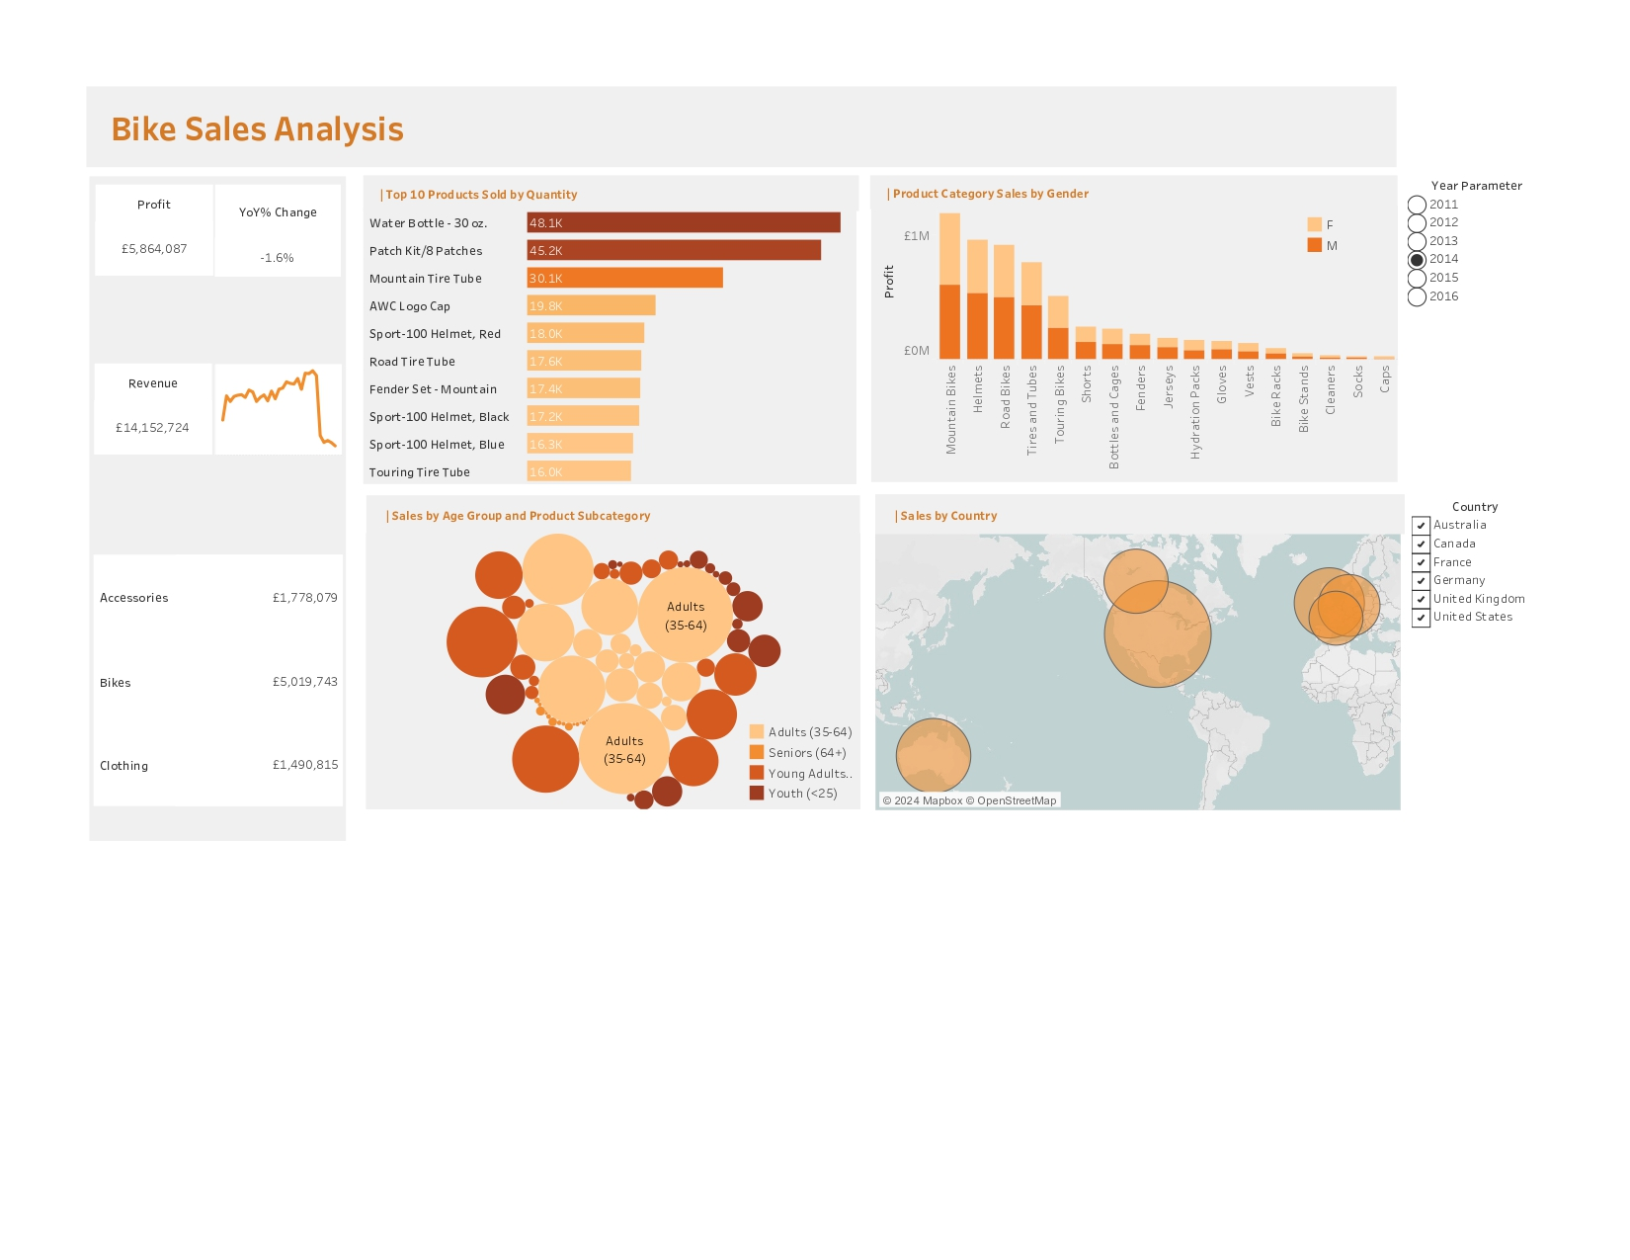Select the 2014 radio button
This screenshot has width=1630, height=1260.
[x=1417, y=260]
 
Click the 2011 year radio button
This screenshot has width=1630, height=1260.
[x=1417, y=205]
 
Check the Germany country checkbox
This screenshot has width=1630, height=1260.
[x=1421, y=581]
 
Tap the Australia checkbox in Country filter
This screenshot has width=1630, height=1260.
[x=1421, y=526]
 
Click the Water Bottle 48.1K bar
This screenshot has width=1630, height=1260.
[x=684, y=223]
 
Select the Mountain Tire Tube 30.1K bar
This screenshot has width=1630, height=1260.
[x=624, y=279]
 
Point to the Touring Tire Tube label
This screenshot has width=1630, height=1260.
[x=420, y=472]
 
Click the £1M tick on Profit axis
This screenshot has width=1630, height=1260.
[x=916, y=236]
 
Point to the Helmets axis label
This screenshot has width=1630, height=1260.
[x=978, y=389]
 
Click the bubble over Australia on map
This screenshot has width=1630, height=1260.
[x=933, y=756]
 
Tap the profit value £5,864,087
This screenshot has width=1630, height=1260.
[x=154, y=249]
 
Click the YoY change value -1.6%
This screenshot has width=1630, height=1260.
[x=277, y=258]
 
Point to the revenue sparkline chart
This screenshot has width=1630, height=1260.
[x=279, y=409]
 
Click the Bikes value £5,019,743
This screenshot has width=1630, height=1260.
[x=304, y=682]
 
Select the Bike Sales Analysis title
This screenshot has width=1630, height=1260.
[x=257, y=129]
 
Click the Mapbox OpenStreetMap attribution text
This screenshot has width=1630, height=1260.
[x=969, y=800]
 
